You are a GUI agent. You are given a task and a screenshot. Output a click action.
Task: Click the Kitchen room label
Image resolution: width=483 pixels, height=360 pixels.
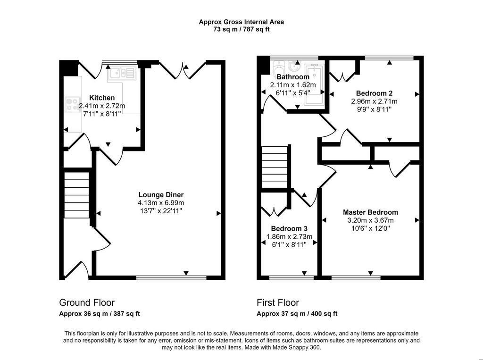[x=102, y=98]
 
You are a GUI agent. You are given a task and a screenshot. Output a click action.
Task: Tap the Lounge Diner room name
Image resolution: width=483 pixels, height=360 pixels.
[x=161, y=195]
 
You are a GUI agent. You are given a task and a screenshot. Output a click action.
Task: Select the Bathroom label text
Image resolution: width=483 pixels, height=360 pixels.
[x=293, y=77]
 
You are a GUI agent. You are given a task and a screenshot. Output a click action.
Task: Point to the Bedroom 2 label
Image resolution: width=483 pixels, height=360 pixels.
[x=374, y=93]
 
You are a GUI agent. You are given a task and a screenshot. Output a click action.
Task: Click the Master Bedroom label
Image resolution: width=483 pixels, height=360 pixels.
[x=371, y=212]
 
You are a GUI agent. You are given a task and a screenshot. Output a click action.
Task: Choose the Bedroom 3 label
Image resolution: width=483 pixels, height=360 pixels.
[x=289, y=228]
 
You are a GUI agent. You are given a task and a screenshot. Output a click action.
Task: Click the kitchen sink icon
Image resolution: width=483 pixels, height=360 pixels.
[x=122, y=74]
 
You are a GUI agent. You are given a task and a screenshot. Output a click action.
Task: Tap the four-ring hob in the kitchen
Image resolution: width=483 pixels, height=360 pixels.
[x=72, y=104]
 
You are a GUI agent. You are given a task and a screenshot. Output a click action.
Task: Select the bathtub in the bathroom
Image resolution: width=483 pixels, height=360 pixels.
[x=314, y=85]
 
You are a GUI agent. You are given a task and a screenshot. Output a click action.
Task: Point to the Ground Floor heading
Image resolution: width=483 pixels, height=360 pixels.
[x=87, y=302]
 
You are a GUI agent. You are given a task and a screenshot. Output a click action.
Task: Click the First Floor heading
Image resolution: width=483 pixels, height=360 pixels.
[x=278, y=302]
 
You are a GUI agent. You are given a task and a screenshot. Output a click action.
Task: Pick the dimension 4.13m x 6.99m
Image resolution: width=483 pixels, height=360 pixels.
[x=161, y=203]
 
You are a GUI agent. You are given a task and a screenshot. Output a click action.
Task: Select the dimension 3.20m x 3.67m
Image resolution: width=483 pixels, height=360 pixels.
[x=371, y=220]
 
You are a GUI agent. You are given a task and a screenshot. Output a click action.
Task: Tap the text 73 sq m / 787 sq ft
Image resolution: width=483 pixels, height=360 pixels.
[x=241, y=30]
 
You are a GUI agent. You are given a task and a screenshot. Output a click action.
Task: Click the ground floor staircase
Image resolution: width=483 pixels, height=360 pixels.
[x=77, y=195]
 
